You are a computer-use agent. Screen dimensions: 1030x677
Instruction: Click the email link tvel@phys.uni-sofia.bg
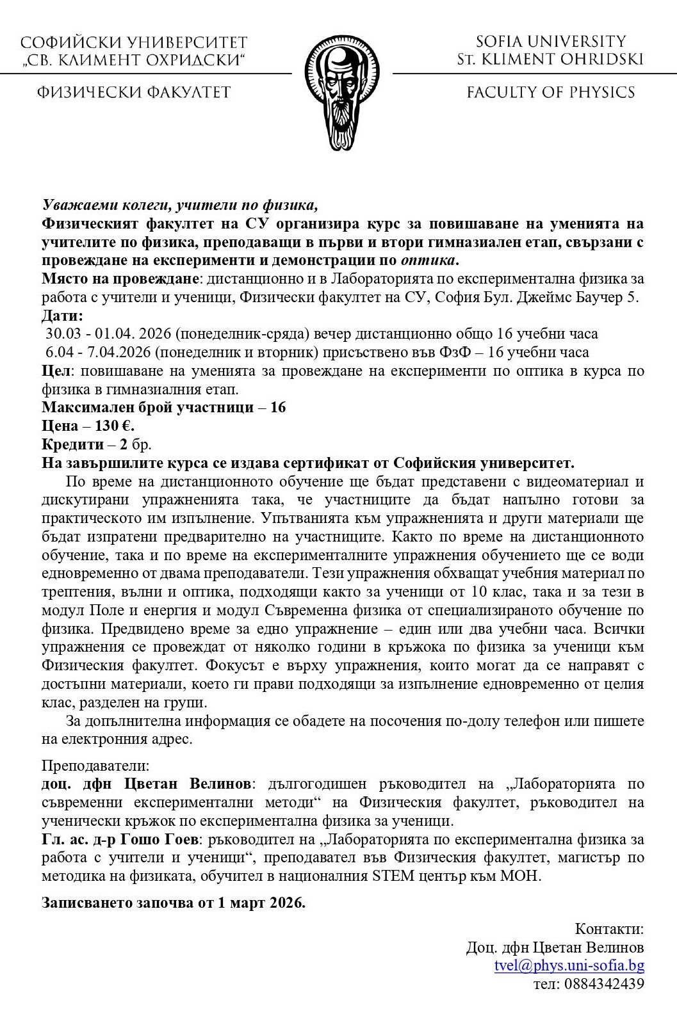click(569, 965)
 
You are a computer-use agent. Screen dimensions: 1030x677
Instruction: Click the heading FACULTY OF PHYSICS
click(551, 93)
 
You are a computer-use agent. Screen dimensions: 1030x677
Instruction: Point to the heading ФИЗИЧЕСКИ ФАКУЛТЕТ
click(133, 93)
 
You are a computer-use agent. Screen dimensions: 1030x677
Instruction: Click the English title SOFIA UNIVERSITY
click(551, 42)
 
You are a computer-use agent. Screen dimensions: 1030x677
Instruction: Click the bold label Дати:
click(62, 316)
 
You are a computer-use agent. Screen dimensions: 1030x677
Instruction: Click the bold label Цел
click(56, 371)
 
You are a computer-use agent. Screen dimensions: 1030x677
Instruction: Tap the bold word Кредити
click(72, 444)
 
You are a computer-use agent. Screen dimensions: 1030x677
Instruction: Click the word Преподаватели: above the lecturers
click(95, 766)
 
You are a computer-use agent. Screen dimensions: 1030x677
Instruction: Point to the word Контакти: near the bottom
click(609, 929)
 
